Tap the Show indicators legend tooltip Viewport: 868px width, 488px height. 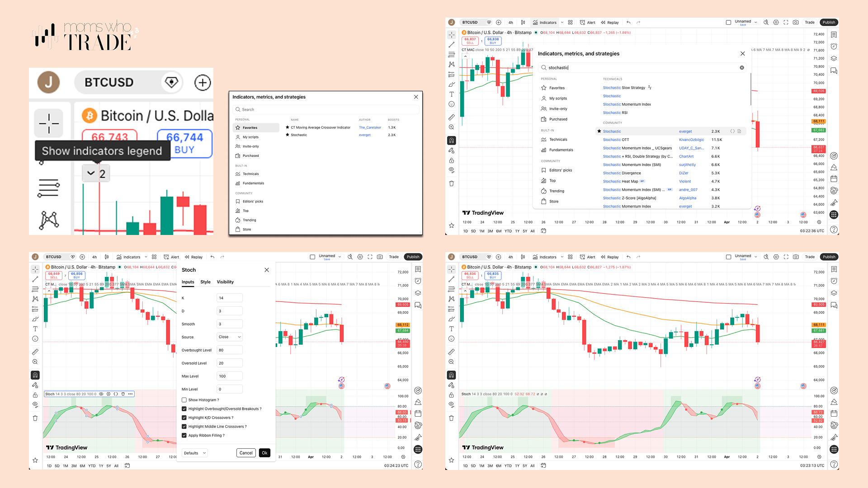coord(102,151)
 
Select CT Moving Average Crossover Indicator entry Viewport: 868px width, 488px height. coord(321,127)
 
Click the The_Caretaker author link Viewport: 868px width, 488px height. coord(370,127)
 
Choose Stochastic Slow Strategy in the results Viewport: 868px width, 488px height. coord(624,88)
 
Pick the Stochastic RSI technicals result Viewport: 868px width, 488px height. coord(615,113)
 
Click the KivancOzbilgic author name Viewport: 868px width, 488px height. coord(691,140)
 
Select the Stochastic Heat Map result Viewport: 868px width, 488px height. coord(620,182)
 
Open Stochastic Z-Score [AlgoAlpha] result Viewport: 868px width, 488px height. coord(629,198)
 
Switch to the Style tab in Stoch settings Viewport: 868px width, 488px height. coord(205,282)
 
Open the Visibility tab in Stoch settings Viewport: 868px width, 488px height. coord(225,282)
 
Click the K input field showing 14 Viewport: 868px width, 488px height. coord(229,298)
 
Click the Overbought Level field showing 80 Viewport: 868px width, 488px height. coord(229,350)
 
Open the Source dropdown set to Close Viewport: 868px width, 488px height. coord(229,337)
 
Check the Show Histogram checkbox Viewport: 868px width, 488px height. coord(184,400)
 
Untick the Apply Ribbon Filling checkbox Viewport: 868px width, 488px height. coord(184,436)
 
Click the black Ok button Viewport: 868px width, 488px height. coord(264,453)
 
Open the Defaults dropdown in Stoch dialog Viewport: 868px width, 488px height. coord(194,453)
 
